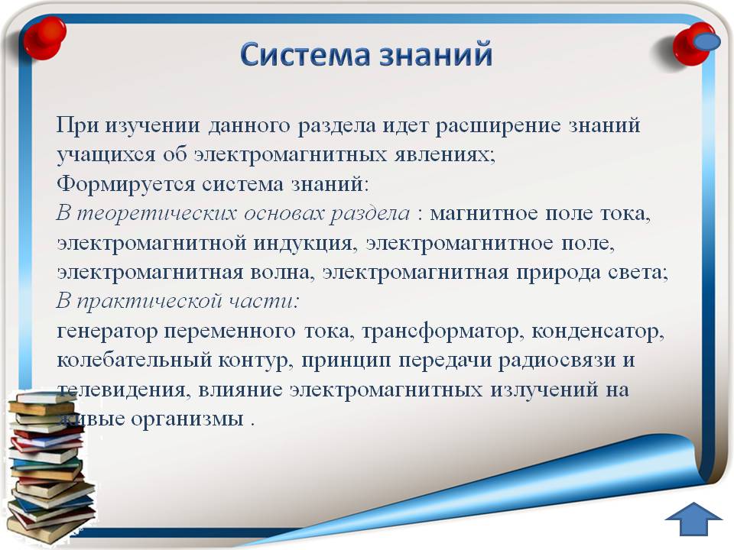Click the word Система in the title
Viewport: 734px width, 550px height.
click(x=307, y=54)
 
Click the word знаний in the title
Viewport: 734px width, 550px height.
click(x=436, y=54)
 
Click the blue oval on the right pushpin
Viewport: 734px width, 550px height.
click(x=706, y=41)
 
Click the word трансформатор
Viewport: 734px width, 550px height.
click(x=440, y=332)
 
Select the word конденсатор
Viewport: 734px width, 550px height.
click(x=598, y=332)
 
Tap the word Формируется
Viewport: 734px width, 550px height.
click(x=125, y=185)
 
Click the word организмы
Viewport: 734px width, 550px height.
click(x=187, y=419)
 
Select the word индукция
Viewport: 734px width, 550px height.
click(x=303, y=243)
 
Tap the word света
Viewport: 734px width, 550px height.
click(x=638, y=273)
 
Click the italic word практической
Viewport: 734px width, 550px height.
click(x=149, y=302)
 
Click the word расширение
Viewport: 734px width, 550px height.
click(x=498, y=126)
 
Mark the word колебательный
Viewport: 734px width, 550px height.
click(x=134, y=361)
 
